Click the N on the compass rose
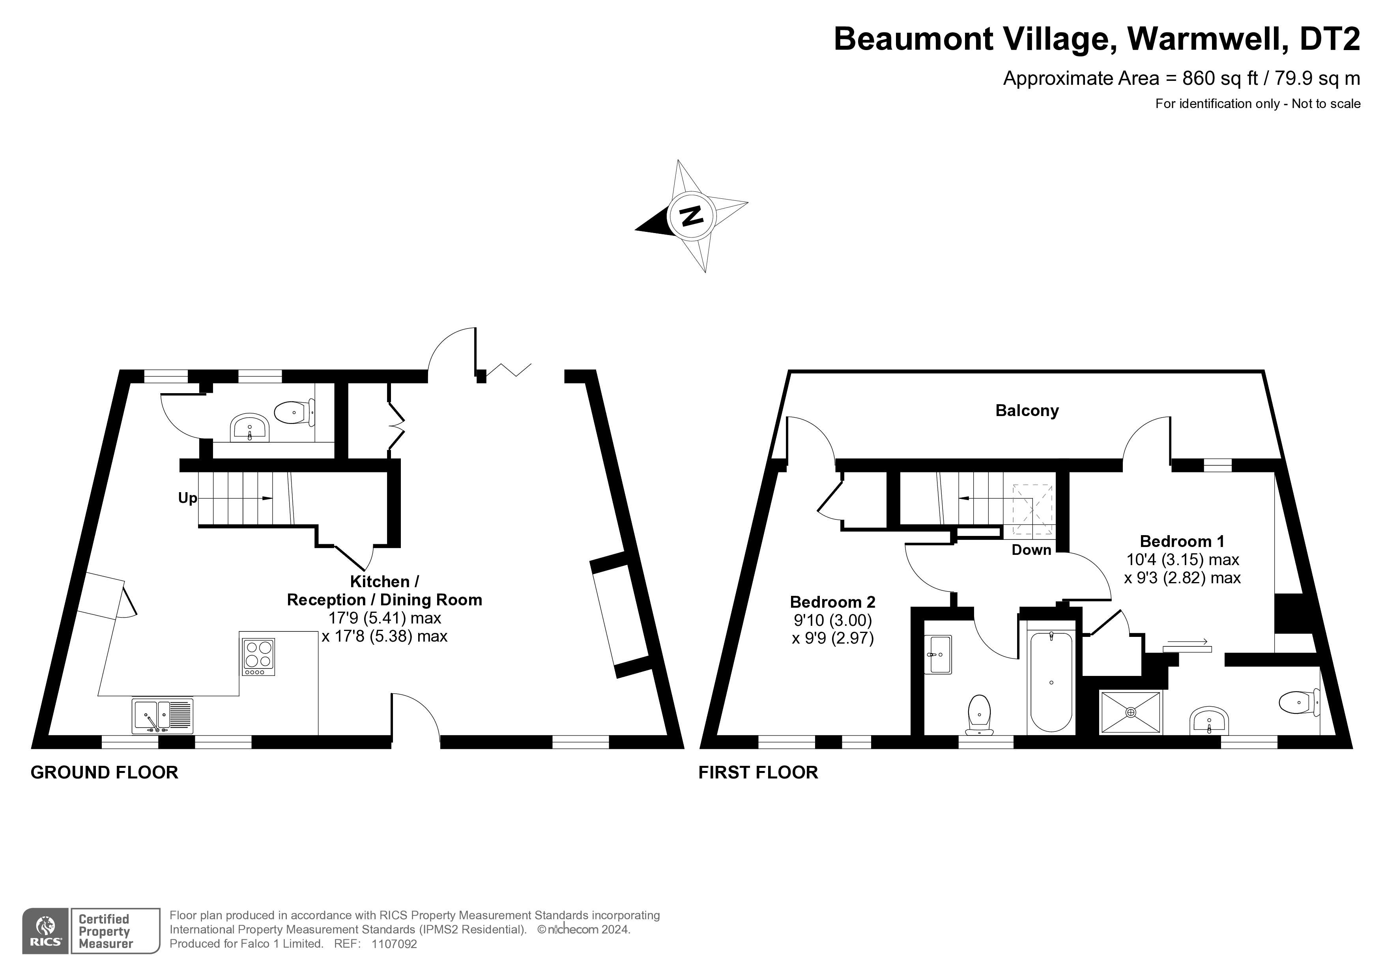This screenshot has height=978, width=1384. pos(691,215)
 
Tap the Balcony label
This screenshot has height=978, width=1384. pos(1027,411)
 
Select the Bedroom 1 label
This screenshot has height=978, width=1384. pos(1182,541)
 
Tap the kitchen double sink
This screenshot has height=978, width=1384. pos(163,715)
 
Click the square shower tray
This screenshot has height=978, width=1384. pos(1131,712)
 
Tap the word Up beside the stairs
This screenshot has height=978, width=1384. pos(187,498)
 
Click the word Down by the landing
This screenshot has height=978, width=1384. pos(1031,550)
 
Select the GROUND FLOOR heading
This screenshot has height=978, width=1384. pos(104,773)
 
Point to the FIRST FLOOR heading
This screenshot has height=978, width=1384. pos(758,773)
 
